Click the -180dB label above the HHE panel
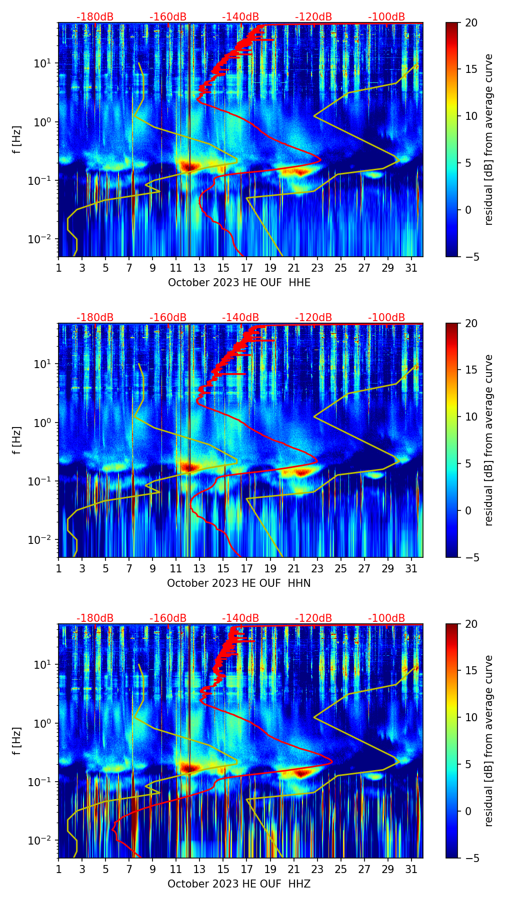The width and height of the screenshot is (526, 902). (x=95, y=17)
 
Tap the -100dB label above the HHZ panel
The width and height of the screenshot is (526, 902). (x=386, y=618)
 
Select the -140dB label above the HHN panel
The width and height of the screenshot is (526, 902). (x=240, y=318)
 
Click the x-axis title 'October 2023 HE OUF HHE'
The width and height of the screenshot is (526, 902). (x=239, y=283)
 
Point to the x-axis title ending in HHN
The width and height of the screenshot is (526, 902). (x=239, y=583)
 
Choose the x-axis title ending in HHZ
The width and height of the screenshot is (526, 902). (x=239, y=884)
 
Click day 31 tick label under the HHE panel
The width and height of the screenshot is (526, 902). (x=411, y=268)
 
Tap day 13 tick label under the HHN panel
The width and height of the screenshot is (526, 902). (x=199, y=569)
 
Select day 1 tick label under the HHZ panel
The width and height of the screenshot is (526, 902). (x=58, y=870)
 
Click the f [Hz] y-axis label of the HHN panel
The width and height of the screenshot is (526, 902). (x=17, y=440)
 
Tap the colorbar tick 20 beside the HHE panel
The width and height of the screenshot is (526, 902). (x=471, y=23)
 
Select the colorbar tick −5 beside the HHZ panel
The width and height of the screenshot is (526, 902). (x=471, y=858)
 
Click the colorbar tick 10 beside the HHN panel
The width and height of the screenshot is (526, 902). (x=471, y=417)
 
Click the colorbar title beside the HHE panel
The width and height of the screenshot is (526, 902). (x=488, y=139)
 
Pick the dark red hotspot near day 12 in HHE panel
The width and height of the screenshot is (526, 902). (x=189, y=166)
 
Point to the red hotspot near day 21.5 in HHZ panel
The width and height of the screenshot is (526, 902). (x=300, y=773)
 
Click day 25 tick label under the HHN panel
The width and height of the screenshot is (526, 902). (x=340, y=569)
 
